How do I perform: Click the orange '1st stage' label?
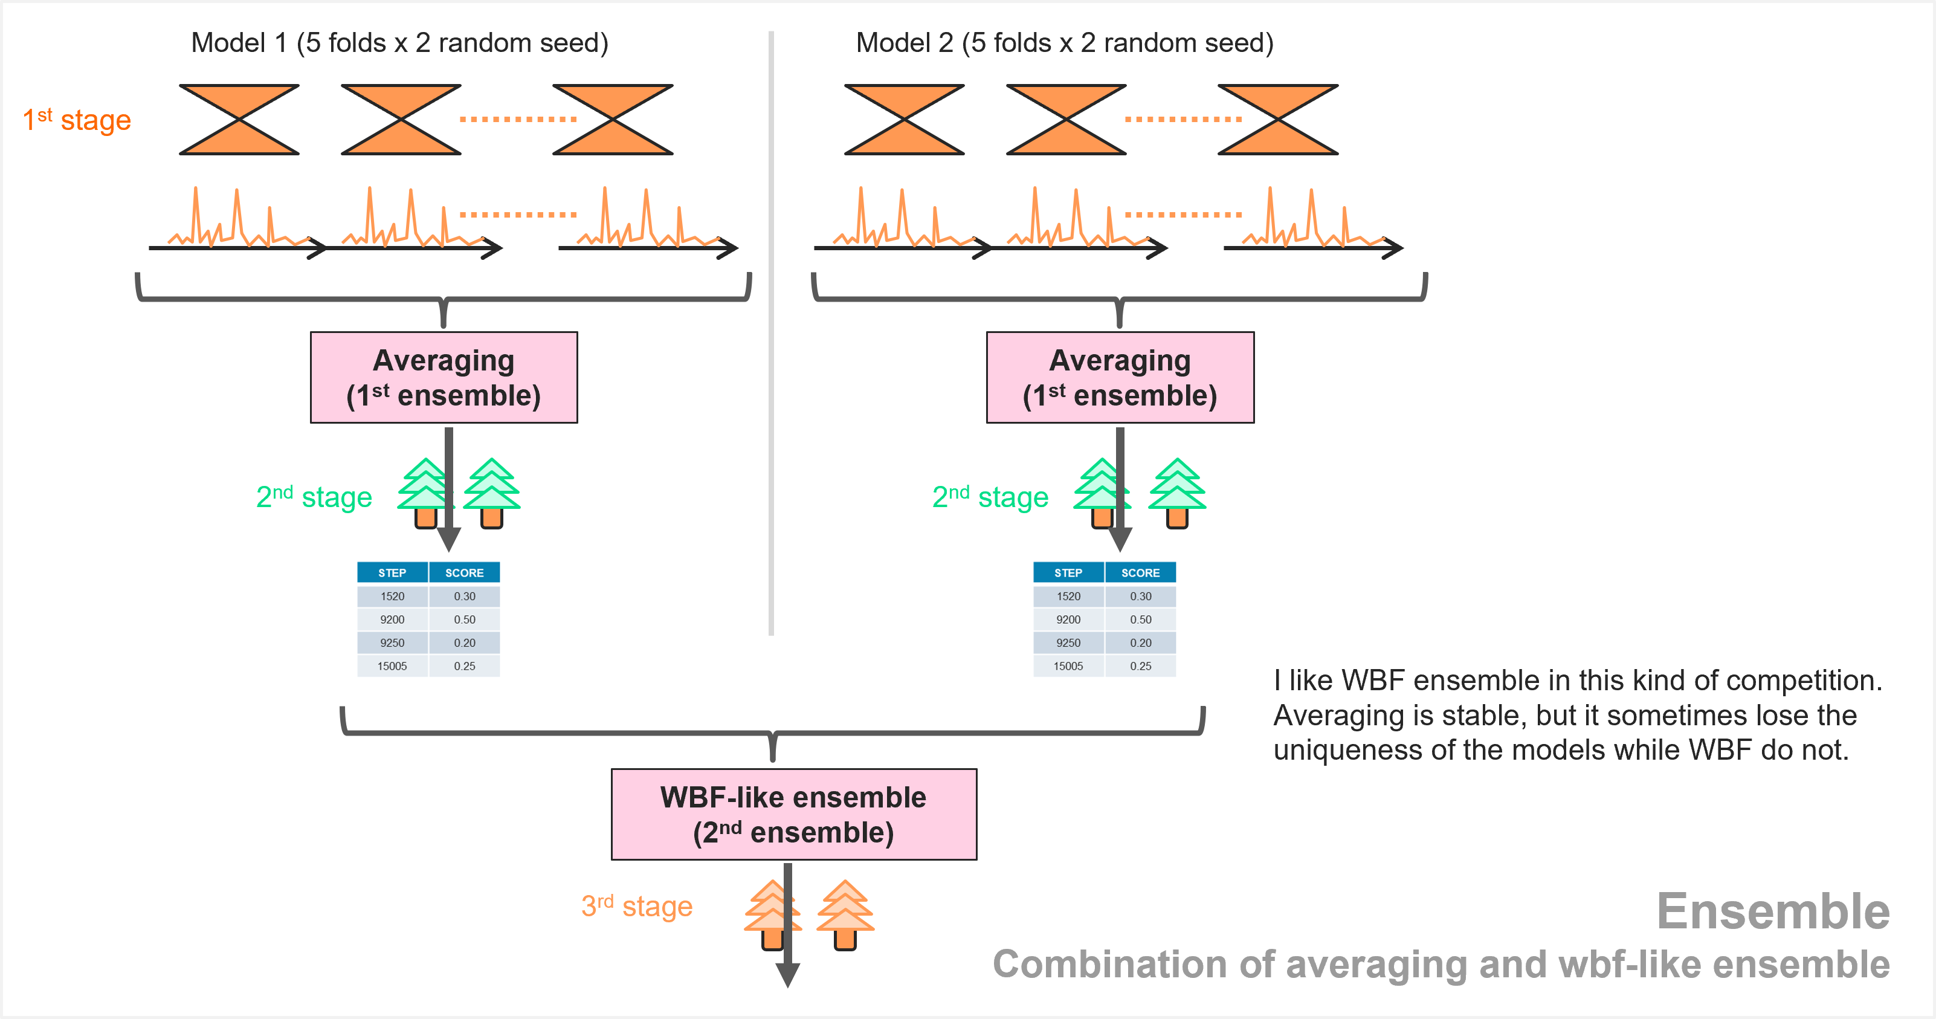click(77, 120)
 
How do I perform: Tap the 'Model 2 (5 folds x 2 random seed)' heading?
click(1064, 43)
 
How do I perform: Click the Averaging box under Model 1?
click(444, 377)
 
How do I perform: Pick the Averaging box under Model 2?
click(1120, 377)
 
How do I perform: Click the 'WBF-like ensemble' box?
click(793, 814)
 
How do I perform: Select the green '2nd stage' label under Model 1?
click(314, 497)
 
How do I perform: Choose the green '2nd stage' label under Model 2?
click(990, 497)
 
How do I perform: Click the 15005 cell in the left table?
click(392, 666)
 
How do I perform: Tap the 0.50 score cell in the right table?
click(1140, 619)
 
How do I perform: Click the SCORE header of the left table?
click(465, 572)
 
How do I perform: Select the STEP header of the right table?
click(1068, 572)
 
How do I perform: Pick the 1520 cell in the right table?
click(1068, 596)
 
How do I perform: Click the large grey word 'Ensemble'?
click(1773, 911)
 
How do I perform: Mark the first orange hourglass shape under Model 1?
click(239, 120)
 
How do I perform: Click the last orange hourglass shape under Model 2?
click(1277, 120)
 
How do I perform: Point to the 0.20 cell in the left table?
click(465, 642)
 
